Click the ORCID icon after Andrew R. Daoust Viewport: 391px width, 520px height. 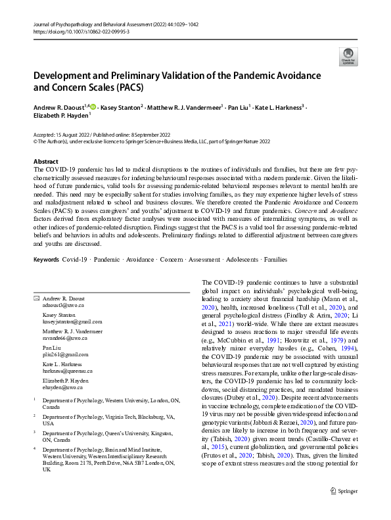(93, 106)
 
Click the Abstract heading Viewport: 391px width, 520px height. (46, 161)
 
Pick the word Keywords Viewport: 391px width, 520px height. (47, 260)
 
